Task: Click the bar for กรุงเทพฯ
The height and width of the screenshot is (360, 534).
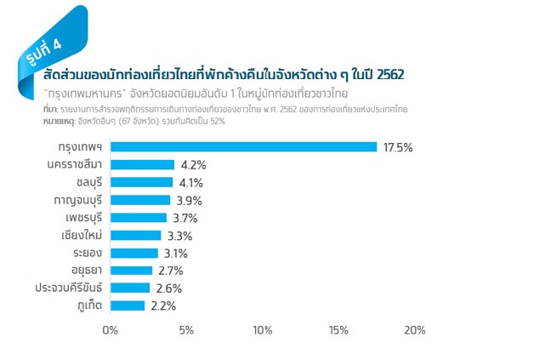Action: [243, 146]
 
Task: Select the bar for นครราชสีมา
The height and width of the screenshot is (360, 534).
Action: [142, 164]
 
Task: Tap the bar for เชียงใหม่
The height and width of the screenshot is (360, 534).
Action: [135, 235]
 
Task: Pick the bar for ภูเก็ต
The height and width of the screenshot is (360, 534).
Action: [127, 306]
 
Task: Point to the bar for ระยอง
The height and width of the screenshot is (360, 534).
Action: [133, 253]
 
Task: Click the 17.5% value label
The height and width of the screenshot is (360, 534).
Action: [398, 146]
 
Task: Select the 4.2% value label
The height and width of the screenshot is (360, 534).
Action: [192, 164]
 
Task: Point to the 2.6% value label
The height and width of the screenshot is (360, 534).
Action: [169, 288]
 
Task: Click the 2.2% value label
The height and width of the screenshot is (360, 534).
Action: [163, 306]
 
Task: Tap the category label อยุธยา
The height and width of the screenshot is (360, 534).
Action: [85, 271]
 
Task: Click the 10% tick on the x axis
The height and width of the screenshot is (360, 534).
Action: [262, 330]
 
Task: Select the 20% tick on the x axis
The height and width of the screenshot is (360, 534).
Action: [414, 330]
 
